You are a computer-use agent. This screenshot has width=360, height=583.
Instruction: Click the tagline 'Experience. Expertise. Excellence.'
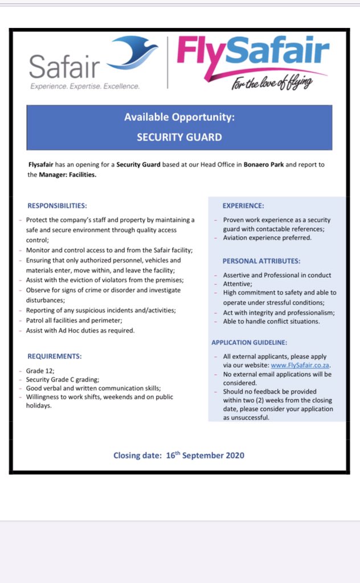point(84,87)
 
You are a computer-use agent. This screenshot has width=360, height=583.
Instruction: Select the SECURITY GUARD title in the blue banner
point(179,137)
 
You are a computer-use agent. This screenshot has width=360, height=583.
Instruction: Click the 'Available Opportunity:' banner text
point(179,117)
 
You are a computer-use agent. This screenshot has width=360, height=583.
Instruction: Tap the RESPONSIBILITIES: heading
point(58,206)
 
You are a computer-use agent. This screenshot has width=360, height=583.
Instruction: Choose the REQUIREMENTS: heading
point(55,356)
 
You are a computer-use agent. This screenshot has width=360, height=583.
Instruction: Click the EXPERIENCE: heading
point(243,206)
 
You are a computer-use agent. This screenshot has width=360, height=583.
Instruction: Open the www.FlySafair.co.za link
point(301,366)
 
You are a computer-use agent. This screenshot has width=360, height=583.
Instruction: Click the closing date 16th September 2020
point(179,455)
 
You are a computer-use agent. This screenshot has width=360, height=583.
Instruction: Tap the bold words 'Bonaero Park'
point(263,165)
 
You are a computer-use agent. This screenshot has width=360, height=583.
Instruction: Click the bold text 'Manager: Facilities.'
point(68,175)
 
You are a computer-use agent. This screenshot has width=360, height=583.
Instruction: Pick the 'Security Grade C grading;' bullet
point(63,379)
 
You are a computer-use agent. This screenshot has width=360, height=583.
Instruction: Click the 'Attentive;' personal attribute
point(237,284)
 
